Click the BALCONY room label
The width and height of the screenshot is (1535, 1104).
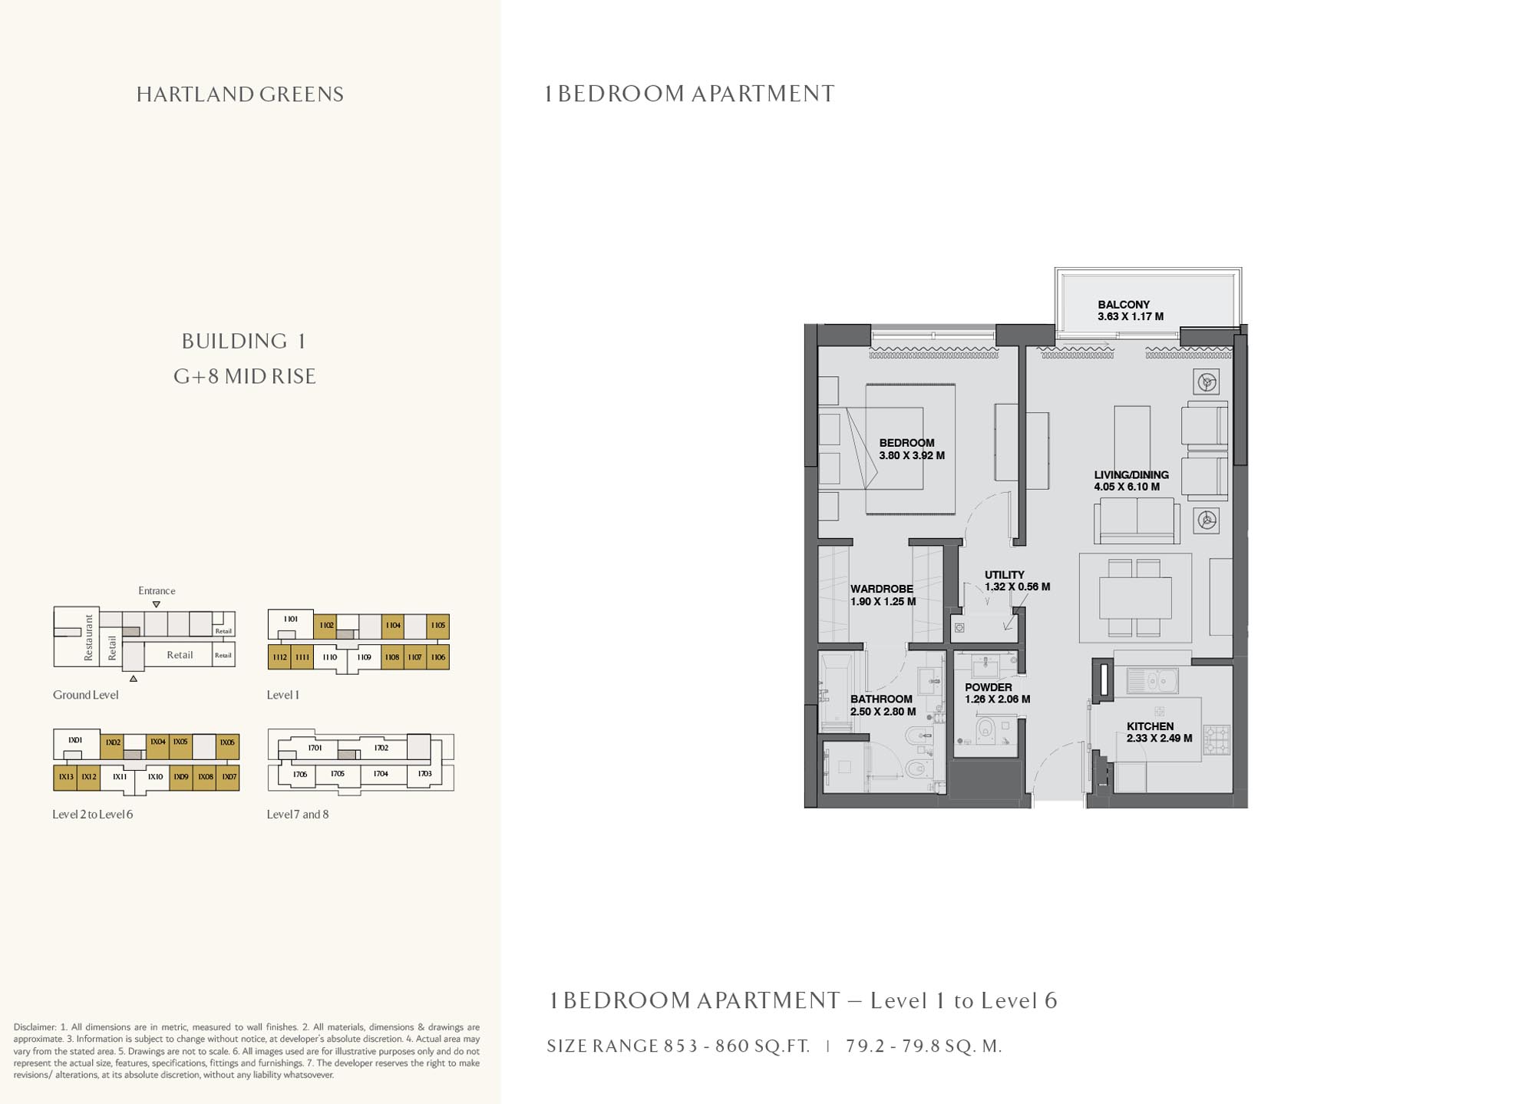pyautogui.click(x=1123, y=305)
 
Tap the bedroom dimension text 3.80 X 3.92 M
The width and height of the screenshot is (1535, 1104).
pyautogui.click(x=911, y=455)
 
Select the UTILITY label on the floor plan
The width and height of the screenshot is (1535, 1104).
pyautogui.click(x=1004, y=574)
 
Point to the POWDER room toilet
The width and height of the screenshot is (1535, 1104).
pyautogui.click(x=985, y=728)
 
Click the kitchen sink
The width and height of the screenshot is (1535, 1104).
pyautogui.click(x=1152, y=679)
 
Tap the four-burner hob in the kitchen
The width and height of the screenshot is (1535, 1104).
pyautogui.click(x=1216, y=740)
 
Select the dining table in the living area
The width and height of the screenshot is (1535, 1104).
pyautogui.click(x=1135, y=598)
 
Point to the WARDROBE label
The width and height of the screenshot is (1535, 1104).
pyautogui.click(x=881, y=589)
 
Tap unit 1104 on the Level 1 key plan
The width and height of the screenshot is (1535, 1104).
pyautogui.click(x=393, y=626)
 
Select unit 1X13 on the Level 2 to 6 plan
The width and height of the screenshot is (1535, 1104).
pyautogui.click(x=65, y=777)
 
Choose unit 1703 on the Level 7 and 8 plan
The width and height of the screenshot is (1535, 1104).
pyautogui.click(x=424, y=774)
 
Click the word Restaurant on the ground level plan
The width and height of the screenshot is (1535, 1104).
pyautogui.click(x=88, y=637)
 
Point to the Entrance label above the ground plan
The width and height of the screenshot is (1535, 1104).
pyautogui.click(x=157, y=590)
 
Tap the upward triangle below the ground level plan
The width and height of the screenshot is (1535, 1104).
pyautogui.click(x=134, y=679)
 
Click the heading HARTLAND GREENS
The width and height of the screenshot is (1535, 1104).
pyautogui.click(x=239, y=94)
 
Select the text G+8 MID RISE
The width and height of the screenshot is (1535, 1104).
pyautogui.click(x=244, y=376)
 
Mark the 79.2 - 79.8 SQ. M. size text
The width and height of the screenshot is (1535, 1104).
pyautogui.click(x=923, y=1046)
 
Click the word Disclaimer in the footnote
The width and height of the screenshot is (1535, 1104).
pyautogui.click(x=35, y=1026)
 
